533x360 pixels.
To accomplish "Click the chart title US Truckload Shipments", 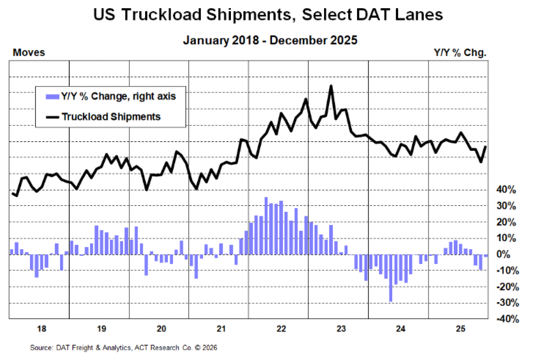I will [x=268, y=15].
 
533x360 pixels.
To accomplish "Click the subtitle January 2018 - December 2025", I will [x=270, y=40].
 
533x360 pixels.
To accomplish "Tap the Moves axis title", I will [x=29, y=53].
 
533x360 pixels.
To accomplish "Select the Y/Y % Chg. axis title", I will [x=460, y=53].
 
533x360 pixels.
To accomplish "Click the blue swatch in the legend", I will [x=52, y=96].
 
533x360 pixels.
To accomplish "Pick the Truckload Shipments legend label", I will [x=111, y=117].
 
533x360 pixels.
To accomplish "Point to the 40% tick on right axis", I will [x=506, y=190].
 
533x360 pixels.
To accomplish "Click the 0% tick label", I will [x=503, y=254].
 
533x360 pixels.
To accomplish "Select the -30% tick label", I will [x=507, y=303].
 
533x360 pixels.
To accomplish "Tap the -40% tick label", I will [x=507, y=319].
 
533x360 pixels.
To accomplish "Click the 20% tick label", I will [x=506, y=222].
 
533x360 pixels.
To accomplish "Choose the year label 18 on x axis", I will [x=41, y=329].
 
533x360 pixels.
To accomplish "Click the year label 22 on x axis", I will [x=281, y=329].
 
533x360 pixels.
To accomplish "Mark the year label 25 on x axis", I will [x=460, y=329].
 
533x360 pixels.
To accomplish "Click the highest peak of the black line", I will [x=331, y=86].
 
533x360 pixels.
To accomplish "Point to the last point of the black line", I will [x=486, y=146].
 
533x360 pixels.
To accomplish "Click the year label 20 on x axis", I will [x=161, y=329].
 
